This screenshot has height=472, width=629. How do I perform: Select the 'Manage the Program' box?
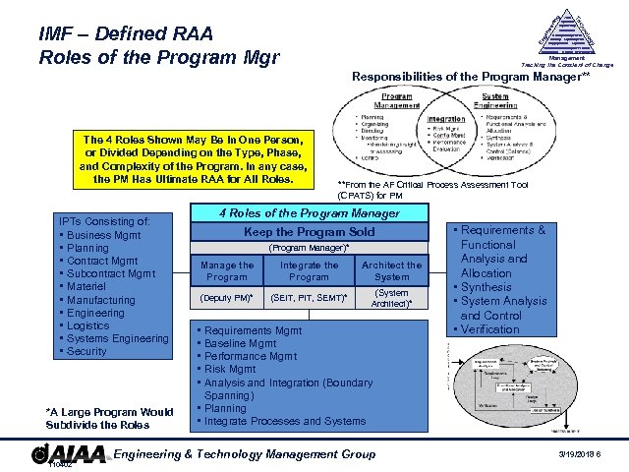click(226, 270)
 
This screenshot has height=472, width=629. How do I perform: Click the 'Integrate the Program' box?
click(309, 270)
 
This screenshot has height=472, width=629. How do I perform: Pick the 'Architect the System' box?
click(392, 270)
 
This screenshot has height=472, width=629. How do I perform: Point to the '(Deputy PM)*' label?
click(226, 298)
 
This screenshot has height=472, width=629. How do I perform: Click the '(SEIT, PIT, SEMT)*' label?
click(309, 298)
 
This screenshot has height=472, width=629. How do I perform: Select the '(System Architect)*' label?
click(392, 297)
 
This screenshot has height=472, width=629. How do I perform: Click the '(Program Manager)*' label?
click(309, 248)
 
